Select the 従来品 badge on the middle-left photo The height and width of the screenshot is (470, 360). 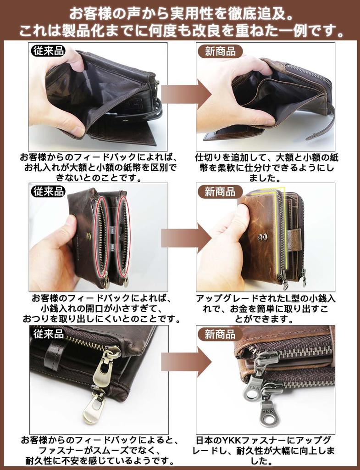(x=48, y=191)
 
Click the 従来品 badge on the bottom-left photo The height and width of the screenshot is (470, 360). (x=48, y=333)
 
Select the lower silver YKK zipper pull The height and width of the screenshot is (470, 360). (x=270, y=411)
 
